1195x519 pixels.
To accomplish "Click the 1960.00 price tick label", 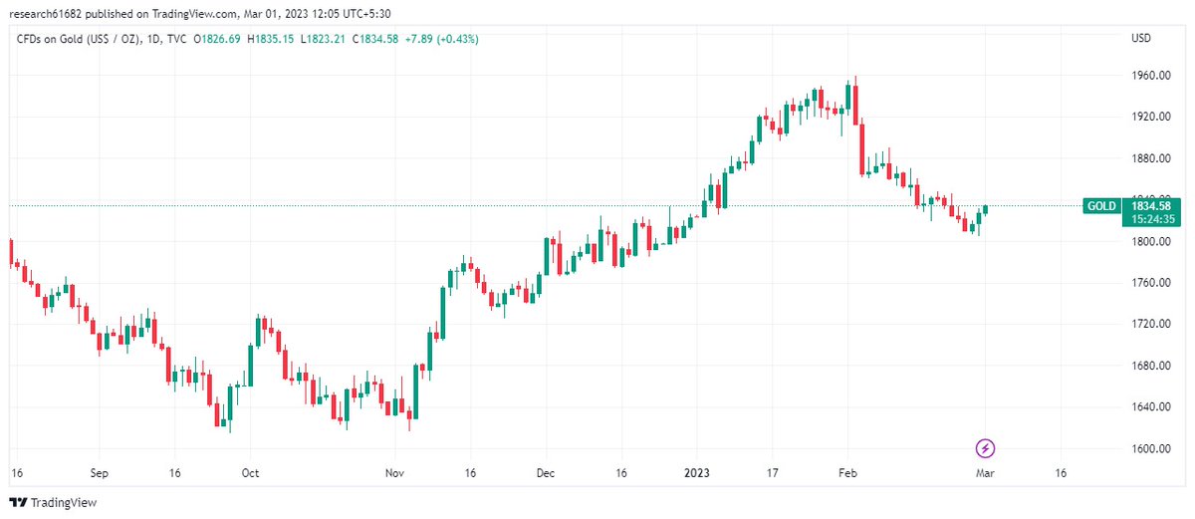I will click(1134, 75).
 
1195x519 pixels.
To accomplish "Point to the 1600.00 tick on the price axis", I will click(1134, 448).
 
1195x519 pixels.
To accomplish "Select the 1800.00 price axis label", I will click(1134, 241).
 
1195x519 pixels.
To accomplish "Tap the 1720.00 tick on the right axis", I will click(1134, 324).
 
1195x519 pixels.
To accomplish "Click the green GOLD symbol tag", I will click(1100, 206).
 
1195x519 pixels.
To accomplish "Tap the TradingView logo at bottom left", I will click(54, 503).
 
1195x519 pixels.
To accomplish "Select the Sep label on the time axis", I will click(99, 474).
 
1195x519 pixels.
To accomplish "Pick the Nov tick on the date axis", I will click(395, 474).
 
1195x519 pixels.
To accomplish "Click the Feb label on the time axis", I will click(847, 474).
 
